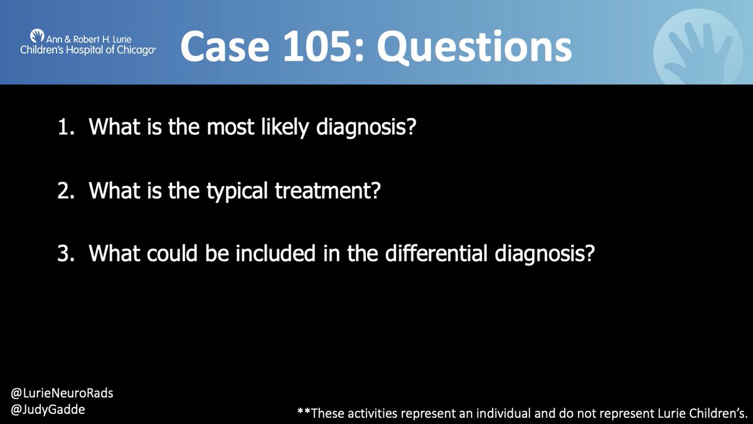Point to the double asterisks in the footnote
tap(304, 412)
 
